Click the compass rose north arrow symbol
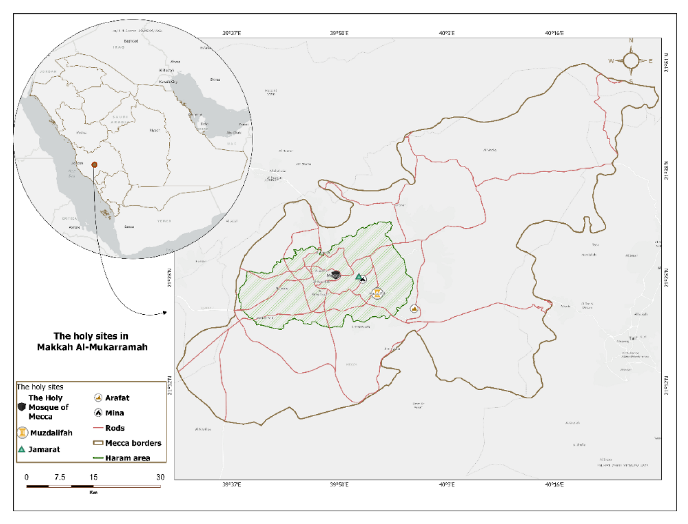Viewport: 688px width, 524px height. click(631, 61)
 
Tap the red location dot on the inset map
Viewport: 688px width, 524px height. click(94, 164)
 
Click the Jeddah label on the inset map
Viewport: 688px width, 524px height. click(77, 163)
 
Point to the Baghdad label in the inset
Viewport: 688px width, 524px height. click(131, 41)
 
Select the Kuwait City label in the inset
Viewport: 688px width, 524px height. click(168, 82)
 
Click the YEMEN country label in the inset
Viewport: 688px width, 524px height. click(164, 221)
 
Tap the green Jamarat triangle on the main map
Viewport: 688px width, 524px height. click(358, 276)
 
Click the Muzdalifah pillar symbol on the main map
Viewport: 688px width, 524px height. click(377, 293)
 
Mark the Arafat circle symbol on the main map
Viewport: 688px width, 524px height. click(414, 309)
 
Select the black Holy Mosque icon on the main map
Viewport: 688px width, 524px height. click(335, 275)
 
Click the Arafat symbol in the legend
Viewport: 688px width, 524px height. click(98, 398)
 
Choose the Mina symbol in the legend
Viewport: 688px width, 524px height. click(98, 413)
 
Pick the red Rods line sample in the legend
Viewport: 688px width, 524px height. click(98, 428)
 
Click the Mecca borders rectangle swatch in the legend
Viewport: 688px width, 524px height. click(98, 443)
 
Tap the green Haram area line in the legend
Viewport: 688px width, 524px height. click(98, 458)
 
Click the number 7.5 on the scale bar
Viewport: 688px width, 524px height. click(60, 477)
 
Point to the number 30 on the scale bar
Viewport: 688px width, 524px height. click(160, 477)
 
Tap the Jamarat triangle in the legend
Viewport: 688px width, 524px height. click(21, 449)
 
